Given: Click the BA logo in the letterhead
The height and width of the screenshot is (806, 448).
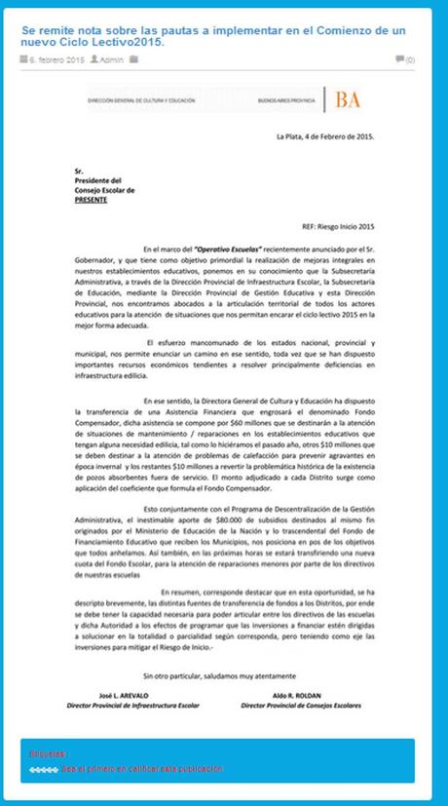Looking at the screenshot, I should (347, 99).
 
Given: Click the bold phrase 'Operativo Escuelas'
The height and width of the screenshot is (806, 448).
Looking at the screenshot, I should (226, 250).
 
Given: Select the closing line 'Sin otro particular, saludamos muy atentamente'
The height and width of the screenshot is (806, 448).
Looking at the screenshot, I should (222, 674).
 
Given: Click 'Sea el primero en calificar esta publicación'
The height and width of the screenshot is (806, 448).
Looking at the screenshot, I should (141, 768).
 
